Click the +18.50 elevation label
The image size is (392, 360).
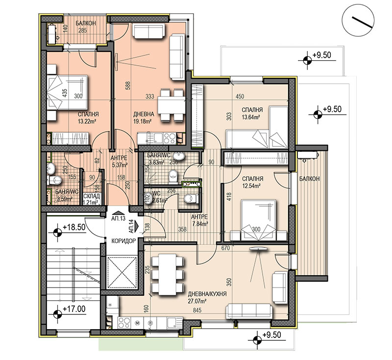74,227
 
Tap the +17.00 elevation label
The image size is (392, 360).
74,309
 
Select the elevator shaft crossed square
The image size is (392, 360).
122,272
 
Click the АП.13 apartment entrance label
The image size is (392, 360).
118,218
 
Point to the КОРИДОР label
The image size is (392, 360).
123,241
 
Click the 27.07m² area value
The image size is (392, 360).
197,301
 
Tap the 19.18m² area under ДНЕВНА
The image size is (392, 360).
143,121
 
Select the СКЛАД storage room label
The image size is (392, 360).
92,196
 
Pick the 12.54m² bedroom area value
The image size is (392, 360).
251,186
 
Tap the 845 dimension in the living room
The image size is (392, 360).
197,310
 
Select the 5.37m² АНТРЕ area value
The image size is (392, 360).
119,165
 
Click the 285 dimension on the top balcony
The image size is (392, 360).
82,31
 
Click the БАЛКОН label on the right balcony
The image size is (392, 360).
309,179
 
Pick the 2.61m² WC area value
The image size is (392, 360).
159,199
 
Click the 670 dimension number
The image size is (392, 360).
226,248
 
